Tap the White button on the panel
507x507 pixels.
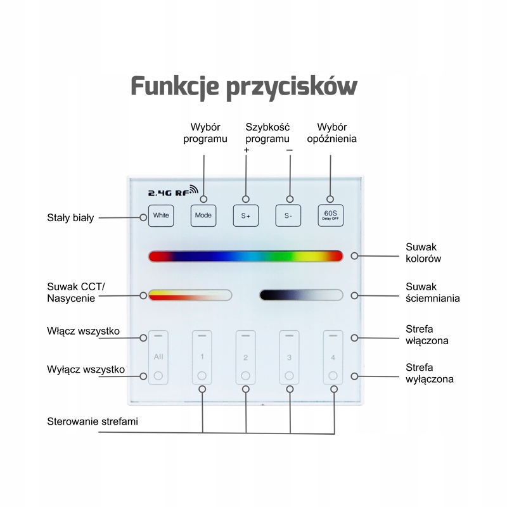[x=161, y=215]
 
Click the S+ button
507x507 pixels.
[x=246, y=215]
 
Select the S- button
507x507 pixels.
[x=288, y=215]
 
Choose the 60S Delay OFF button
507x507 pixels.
[x=330, y=215]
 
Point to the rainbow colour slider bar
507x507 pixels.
[x=245, y=256]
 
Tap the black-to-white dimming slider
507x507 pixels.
[x=302, y=295]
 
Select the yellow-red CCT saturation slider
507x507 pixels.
[x=190, y=295]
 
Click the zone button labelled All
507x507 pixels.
[x=158, y=357]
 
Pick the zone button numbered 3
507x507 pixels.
[x=290, y=357]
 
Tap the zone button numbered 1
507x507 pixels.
[x=202, y=357]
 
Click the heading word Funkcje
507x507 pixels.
[x=175, y=87]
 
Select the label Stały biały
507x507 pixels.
[x=70, y=217]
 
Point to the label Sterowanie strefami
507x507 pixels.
[x=93, y=421]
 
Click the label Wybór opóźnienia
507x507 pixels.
[x=331, y=133]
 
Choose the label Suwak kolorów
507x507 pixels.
[x=423, y=253]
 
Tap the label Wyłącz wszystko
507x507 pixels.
[x=86, y=369]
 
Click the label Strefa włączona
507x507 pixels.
[x=427, y=335]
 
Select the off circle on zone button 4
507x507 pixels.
[x=333, y=376]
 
